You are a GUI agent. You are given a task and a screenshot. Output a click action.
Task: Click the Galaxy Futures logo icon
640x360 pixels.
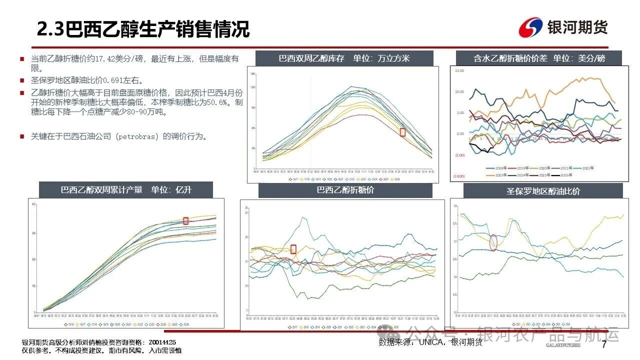530,27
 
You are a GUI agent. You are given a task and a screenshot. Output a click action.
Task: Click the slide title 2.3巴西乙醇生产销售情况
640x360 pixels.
143,29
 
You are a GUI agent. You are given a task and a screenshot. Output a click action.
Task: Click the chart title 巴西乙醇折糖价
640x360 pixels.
345,190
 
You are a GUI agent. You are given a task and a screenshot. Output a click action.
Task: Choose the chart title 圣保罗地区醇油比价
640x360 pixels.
543,191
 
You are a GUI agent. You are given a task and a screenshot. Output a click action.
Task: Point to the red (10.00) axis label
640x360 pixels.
459,176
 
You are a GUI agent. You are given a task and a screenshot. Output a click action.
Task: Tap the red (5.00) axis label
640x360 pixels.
459,155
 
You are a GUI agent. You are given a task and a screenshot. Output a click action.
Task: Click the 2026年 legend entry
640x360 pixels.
565,175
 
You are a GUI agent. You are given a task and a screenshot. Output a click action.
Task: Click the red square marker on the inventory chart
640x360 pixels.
402,132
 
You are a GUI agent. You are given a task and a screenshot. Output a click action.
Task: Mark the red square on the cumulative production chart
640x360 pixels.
185,220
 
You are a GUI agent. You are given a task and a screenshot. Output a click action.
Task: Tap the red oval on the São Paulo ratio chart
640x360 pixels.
494,242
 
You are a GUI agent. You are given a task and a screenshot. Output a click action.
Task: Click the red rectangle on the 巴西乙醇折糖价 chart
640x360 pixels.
293,249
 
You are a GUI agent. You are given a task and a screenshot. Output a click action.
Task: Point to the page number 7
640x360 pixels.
604,344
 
